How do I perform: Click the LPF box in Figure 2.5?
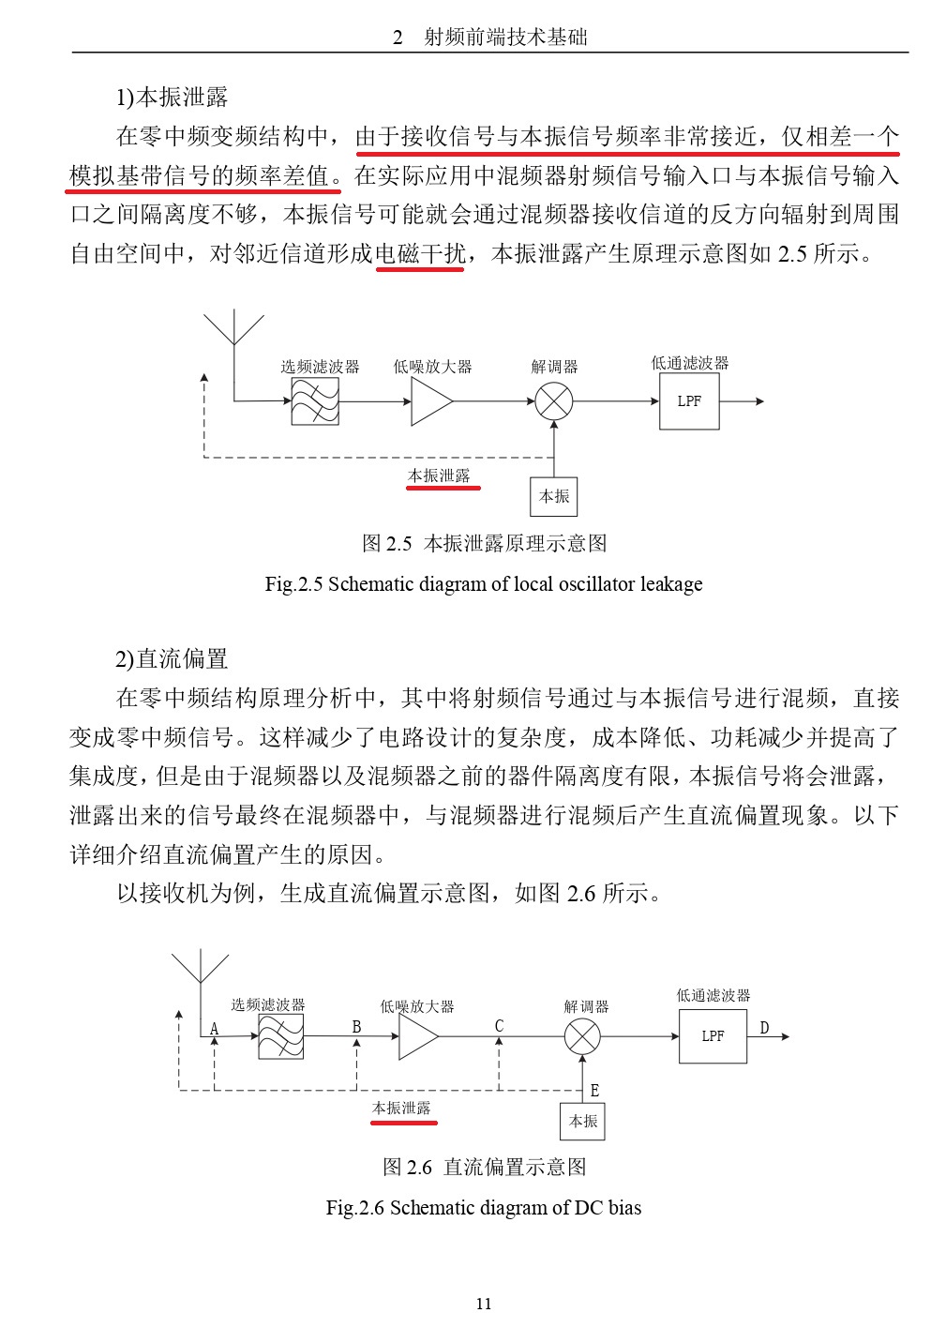click(688, 401)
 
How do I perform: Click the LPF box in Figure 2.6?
click(712, 1036)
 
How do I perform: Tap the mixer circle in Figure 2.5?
click(553, 401)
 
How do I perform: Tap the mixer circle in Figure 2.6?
click(582, 1036)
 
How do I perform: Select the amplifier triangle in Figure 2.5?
click(430, 401)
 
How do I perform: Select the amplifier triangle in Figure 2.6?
click(417, 1037)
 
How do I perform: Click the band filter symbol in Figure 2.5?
click(314, 401)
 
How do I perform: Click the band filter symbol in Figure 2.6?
click(280, 1036)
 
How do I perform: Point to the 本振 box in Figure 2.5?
click(553, 496)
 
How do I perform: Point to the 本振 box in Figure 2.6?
click(582, 1121)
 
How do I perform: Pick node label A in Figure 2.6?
click(214, 1029)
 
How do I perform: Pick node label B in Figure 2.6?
click(356, 1027)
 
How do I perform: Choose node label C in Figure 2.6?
click(499, 1026)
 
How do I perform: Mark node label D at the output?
click(764, 1028)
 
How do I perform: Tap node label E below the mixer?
click(594, 1091)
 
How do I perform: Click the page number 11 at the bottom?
click(483, 1304)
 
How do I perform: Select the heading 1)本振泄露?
click(172, 98)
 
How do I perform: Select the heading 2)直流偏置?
click(172, 659)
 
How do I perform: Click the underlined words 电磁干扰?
click(420, 253)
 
